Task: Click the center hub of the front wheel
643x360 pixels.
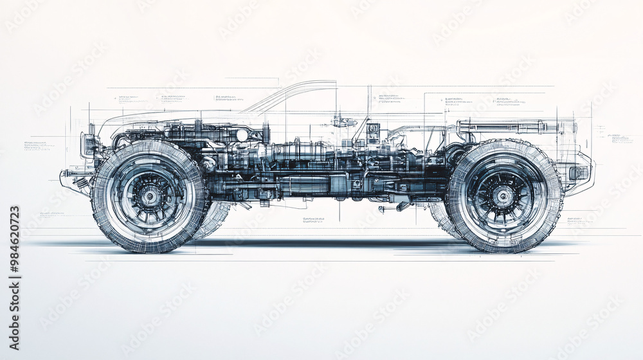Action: tap(150, 196)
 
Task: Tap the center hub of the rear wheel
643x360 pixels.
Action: tap(504, 196)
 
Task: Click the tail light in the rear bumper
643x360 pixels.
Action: tap(578, 172)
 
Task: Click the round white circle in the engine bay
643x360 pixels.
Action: tap(242, 135)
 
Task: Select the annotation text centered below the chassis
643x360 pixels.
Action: tap(313, 220)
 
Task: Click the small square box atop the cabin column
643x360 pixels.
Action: tap(373, 128)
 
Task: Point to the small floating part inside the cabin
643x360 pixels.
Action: tap(344, 122)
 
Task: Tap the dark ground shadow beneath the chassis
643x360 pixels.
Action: tap(321, 244)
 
